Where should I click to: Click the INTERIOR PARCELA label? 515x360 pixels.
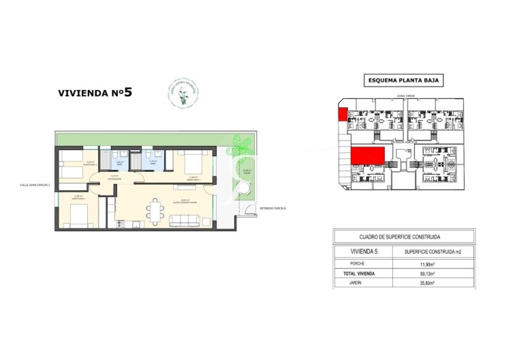(272, 208)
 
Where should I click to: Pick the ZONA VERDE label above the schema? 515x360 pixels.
(405, 96)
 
